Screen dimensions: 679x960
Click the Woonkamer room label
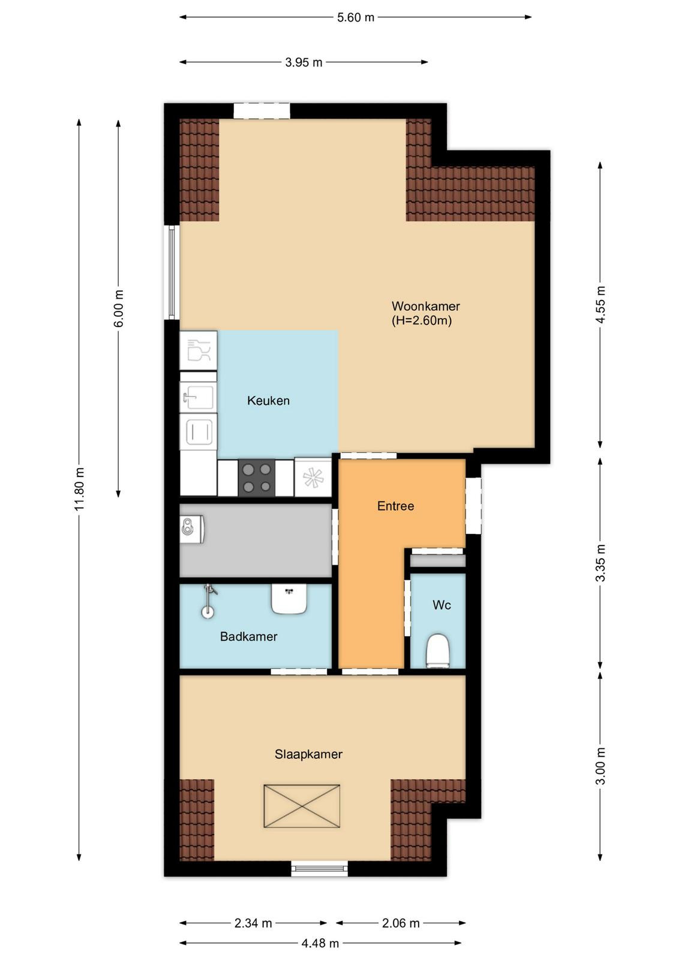(x=425, y=307)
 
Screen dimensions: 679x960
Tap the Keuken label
(x=268, y=401)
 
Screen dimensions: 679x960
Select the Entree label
(x=395, y=506)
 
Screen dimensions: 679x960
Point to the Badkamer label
(x=248, y=637)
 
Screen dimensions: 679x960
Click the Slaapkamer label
(x=308, y=754)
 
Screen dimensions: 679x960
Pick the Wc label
(x=441, y=605)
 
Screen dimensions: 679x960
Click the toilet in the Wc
(x=438, y=650)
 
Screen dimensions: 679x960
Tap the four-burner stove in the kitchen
(x=257, y=478)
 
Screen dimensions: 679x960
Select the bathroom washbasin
(x=289, y=599)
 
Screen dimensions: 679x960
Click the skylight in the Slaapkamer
(x=302, y=806)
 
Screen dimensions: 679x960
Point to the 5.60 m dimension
(x=356, y=17)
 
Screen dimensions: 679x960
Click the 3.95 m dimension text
(x=304, y=62)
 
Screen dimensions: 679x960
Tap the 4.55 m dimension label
(x=600, y=305)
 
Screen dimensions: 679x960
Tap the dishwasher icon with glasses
(x=198, y=350)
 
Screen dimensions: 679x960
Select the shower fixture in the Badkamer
(x=209, y=601)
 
